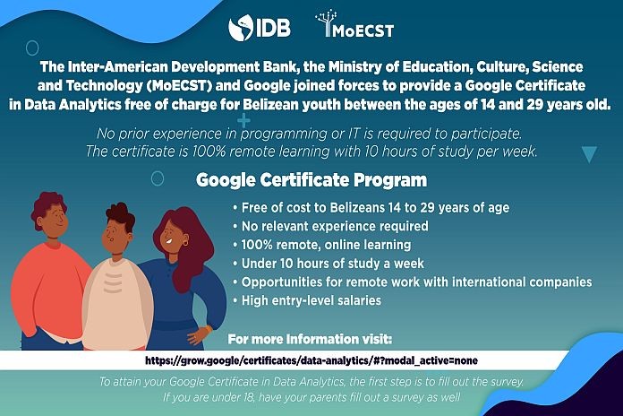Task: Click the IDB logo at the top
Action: click(x=260, y=28)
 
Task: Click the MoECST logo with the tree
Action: click(x=354, y=25)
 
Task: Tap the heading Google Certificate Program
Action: click(x=311, y=180)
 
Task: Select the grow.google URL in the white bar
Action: click(x=311, y=360)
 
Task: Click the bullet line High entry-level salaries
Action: click(x=307, y=300)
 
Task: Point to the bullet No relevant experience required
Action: click(x=331, y=226)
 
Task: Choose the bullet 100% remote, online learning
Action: click(x=322, y=245)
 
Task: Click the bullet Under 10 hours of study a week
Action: click(x=329, y=263)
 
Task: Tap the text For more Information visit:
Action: click(x=310, y=339)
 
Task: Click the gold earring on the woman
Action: click(x=185, y=242)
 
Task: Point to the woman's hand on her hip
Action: click(x=200, y=334)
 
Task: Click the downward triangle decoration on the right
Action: click(x=589, y=153)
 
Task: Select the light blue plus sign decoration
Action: click(x=243, y=120)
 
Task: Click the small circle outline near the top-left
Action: click(x=32, y=48)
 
